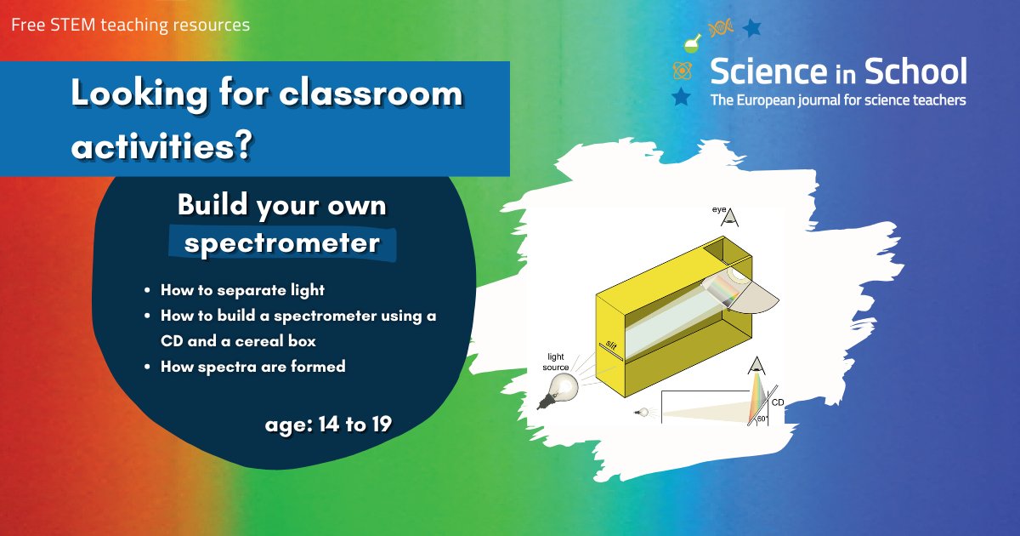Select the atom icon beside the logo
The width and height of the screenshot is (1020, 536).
pos(680,69)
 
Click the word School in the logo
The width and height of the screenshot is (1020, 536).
pos(915,71)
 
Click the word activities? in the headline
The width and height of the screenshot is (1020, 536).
pos(161,145)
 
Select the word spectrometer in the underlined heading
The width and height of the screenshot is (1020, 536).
pos(282,243)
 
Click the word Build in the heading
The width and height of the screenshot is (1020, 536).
pos(212,206)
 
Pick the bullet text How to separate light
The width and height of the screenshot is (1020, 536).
pos(242,290)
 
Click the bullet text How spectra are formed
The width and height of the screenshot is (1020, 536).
pos(252,367)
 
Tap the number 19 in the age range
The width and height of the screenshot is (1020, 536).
pos(378,424)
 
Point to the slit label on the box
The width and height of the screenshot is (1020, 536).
pos(610,345)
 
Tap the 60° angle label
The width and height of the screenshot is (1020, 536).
pos(762,419)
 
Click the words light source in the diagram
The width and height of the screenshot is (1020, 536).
pos(556,362)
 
